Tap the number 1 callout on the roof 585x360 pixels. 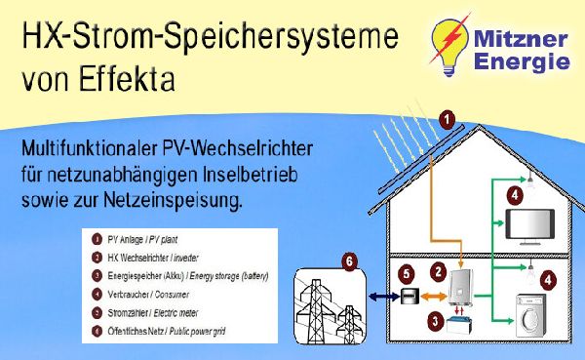447,120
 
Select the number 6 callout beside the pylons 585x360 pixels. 350,260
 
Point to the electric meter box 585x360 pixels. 411,298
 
